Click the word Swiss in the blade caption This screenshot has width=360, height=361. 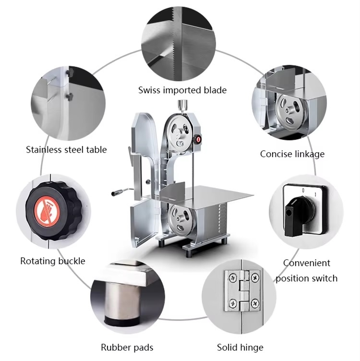coord(149,90)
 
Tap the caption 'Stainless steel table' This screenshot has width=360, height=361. coord(66,150)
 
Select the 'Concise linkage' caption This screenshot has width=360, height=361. coord(292,154)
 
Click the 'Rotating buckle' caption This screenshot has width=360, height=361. coord(53,261)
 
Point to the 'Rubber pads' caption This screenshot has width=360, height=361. coord(127,348)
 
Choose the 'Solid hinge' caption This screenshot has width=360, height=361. coord(240,348)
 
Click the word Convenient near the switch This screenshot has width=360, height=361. coord(307,263)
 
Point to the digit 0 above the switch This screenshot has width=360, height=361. coord(303,191)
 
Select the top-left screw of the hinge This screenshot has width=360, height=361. coord(233,278)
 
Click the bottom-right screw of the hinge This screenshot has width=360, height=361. coord(255,304)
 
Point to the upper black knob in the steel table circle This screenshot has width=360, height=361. coord(70,72)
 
